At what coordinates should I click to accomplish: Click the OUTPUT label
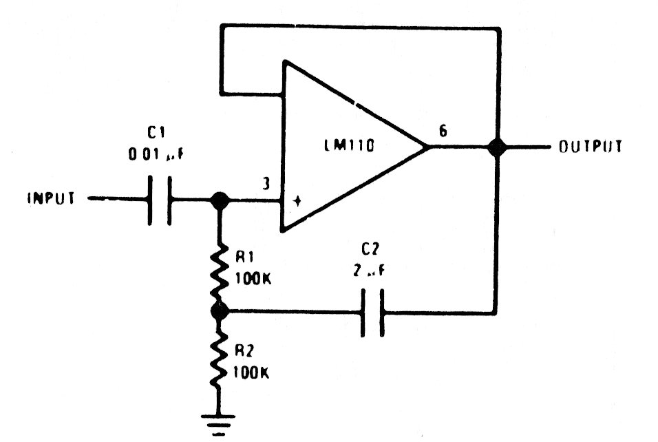(x=591, y=147)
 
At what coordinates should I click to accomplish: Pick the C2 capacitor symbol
(x=372, y=313)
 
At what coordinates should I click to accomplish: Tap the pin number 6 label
(x=443, y=131)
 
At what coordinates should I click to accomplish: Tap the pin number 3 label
(x=266, y=184)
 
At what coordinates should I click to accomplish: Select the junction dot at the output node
(x=495, y=147)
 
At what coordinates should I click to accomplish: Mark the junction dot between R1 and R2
(x=220, y=311)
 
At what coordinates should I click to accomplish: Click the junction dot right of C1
(x=220, y=200)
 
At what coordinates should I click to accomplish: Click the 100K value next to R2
(x=252, y=372)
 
